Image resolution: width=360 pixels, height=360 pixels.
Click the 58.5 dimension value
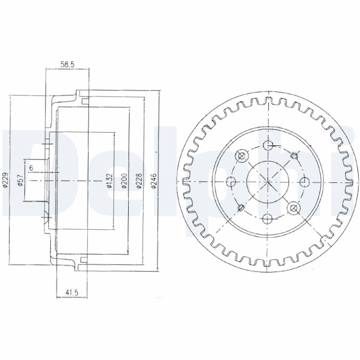tap(67, 64)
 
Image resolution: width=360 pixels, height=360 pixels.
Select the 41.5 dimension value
tap(72, 292)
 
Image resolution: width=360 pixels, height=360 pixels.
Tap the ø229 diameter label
tap(6, 180)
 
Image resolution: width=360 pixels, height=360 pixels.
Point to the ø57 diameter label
tap(21, 180)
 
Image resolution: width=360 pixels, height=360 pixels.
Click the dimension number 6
tap(31, 168)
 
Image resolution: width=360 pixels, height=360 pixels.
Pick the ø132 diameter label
tap(110, 181)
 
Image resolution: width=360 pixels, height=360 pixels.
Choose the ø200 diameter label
tap(124, 181)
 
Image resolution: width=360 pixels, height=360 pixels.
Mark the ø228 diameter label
tap(139, 181)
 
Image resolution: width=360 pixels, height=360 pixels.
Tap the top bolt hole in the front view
tap(268, 145)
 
